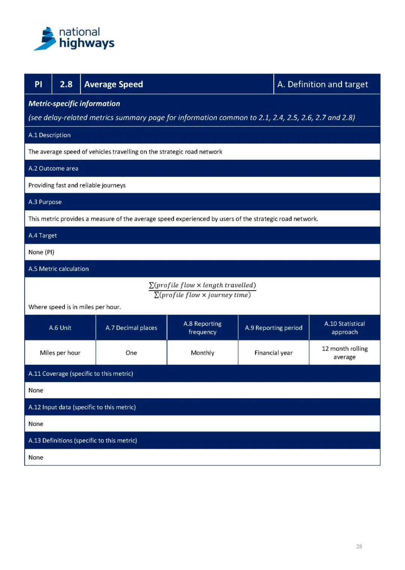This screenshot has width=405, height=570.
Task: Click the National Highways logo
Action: click(74, 39)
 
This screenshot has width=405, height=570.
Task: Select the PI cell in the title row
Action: click(38, 84)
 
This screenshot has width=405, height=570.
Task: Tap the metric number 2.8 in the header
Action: click(66, 84)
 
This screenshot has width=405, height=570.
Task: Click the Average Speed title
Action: click(114, 84)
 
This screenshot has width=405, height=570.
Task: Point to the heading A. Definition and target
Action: click(322, 84)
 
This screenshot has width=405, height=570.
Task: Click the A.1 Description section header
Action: click(49, 135)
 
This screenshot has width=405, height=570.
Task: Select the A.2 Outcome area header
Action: click(53, 168)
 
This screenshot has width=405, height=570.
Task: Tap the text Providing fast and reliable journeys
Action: click(77, 185)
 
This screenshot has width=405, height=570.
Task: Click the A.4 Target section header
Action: click(43, 235)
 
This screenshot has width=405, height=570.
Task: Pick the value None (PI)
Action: click(41, 252)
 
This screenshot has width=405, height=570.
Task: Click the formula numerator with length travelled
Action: click(202, 285)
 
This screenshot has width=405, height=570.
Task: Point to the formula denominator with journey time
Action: click(202, 295)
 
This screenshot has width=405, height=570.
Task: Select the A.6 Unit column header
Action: click(60, 328)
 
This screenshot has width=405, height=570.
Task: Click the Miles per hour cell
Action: click(60, 353)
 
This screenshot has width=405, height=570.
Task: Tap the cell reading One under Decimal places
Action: click(131, 353)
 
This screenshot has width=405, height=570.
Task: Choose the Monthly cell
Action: click(202, 353)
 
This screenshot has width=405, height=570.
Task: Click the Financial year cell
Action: click(273, 353)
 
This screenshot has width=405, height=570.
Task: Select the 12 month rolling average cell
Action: click(345, 353)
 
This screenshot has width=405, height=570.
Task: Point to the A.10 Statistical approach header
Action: click(345, 328)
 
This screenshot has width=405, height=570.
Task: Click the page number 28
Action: click(359, 546)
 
